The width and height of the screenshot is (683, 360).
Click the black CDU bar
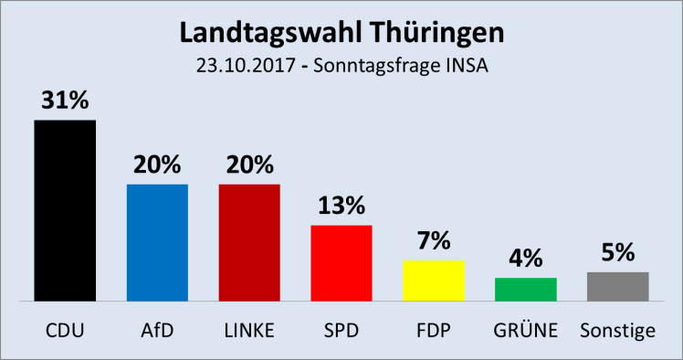(x=65, y=210)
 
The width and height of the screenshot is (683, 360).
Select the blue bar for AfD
(x=157, y=242)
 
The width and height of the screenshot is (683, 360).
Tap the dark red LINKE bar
(x=249, y=242)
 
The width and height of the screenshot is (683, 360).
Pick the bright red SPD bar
(x=341, y=262)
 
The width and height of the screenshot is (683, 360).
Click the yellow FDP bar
(x=434, y=281)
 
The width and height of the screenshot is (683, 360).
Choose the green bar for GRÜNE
(x=526, y=289)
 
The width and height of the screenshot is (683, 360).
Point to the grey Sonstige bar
(x=618, y=286)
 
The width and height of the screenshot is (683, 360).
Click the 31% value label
(x=65, y=101)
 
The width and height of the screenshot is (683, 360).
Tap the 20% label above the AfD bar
(x=157, y=165)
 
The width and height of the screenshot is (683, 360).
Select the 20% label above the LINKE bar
(x=249, y=165)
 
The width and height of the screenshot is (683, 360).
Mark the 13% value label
(x=341, y=206)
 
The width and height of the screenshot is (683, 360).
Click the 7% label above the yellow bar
(x=434, y=242)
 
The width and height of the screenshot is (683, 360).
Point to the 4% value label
(x=526, y=259)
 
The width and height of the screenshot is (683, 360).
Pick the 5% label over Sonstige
(x=618, y=253)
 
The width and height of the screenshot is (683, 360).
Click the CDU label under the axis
(x=65, y=330)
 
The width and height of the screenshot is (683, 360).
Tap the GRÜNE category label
(x=526, y=330)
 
